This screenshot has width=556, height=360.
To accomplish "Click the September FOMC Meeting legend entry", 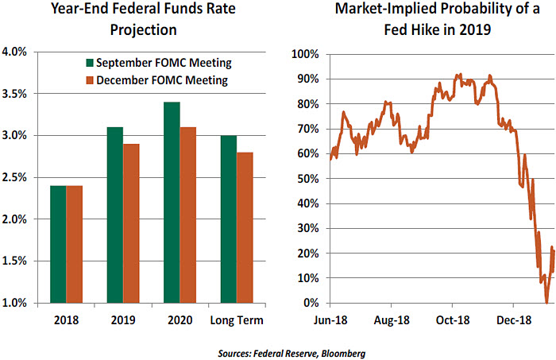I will point(159,63).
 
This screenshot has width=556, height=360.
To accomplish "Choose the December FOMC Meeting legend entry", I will point(158,79).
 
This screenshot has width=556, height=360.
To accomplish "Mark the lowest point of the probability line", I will point(546,302).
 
